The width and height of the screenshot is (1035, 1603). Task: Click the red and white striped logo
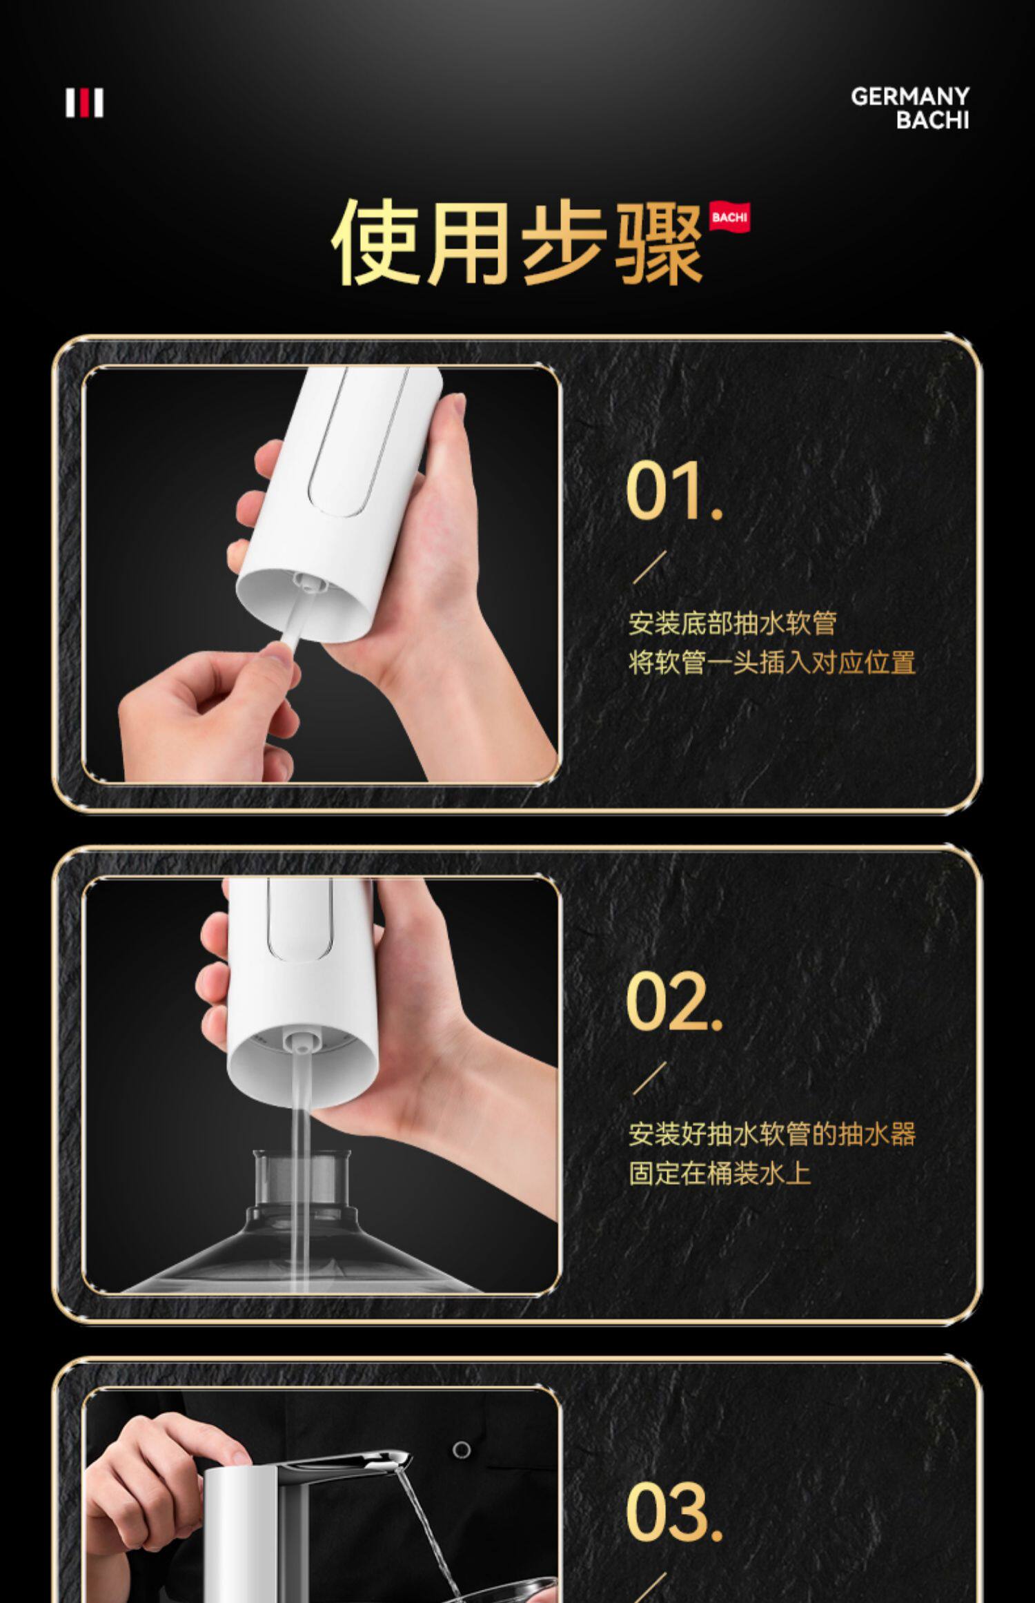(84, 103)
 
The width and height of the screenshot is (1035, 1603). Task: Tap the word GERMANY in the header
(910, 96)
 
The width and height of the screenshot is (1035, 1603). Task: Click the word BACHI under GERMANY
(933, 120)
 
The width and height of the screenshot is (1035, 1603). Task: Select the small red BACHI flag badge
(729, 218)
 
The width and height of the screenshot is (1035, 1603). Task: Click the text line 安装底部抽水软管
(732, 623)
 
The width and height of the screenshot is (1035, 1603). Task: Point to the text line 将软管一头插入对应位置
(771, 662)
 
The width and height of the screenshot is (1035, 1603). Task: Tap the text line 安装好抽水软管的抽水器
(771, 1134)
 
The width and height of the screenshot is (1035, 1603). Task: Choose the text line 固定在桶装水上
(719, 1173)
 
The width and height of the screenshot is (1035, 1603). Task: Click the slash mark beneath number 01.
(650, 567)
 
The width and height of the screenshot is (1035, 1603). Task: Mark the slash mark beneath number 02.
(650, 1078)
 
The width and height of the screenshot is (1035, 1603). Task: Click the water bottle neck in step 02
(302, 1181)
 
